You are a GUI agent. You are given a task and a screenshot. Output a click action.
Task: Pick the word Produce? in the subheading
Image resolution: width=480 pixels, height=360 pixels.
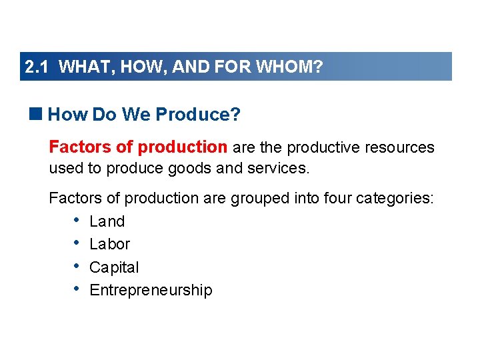[197, 115]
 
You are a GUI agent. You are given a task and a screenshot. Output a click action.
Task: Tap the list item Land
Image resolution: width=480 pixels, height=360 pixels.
[107, 221]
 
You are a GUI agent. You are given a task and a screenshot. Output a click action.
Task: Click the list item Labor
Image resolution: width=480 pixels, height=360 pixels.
[109, 244]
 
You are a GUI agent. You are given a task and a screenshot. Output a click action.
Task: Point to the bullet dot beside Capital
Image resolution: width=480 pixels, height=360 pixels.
[77, 267]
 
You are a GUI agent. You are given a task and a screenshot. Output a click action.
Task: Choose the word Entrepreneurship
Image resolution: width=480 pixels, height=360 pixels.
[151, 290]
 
